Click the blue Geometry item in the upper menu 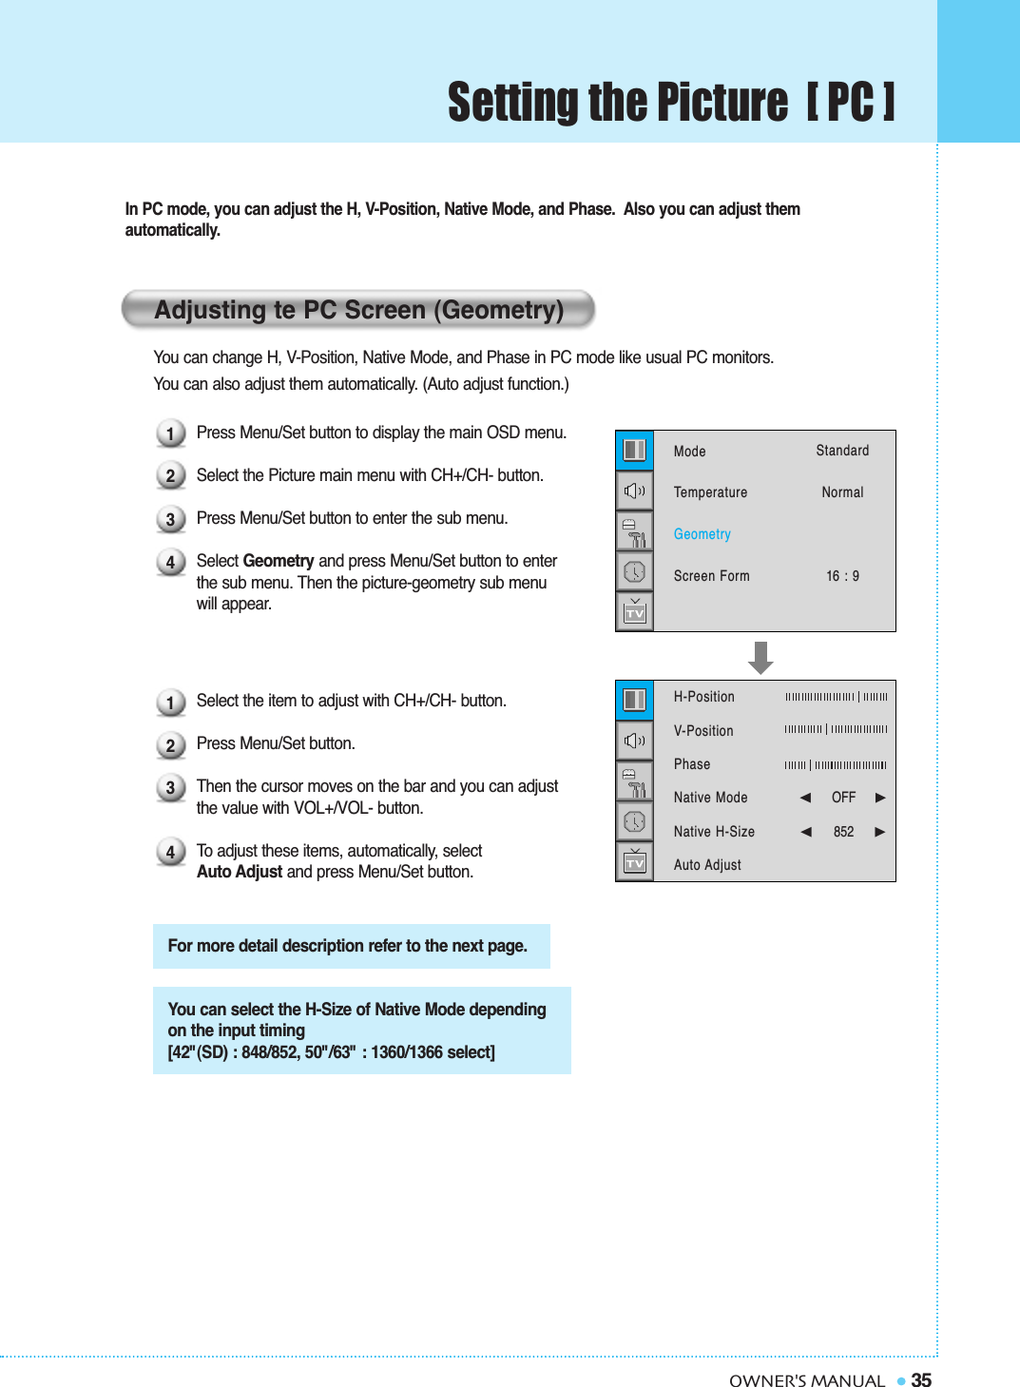pos(702,534)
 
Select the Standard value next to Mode pos(842,451)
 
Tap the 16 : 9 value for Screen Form pos(842,576)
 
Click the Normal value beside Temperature pos(842,492)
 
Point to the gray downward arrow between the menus pos(760,657)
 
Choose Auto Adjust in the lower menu pos(707,865)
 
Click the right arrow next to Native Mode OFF pos(880,798)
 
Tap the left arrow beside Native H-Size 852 pos(806,832)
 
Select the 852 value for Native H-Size pos(843,832)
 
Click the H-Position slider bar pos(836,697)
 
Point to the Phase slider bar pos(836,764)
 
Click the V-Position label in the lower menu pos(703,731)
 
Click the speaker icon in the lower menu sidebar pos(635,741)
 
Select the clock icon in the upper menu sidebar pos(635,571)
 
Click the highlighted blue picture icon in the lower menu pos(635,700)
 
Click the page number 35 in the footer pos(920,1380)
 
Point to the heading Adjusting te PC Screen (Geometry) pos(358,310)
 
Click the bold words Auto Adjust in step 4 pos(239,872)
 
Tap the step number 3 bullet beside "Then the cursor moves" pos(170,788)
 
